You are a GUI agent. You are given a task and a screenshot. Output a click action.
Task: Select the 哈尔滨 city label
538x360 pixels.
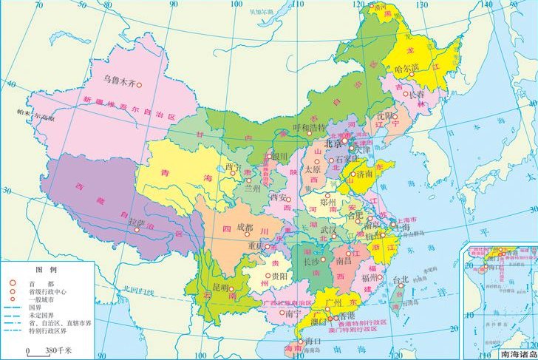click(408, 68)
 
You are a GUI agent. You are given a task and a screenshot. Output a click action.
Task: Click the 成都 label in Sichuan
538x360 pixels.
click(246, 228)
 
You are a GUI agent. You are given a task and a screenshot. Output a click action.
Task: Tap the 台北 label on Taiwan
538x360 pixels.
click(400, 280)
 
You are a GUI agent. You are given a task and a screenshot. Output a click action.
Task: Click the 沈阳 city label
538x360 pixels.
click(385, 116)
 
